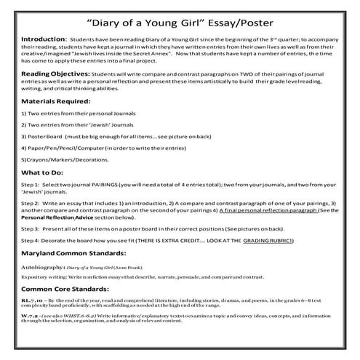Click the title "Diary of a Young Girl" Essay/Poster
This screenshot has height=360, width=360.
(180, 20)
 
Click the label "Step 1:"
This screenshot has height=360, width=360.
(32, 206)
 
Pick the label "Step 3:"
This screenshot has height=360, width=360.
(32, 249)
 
